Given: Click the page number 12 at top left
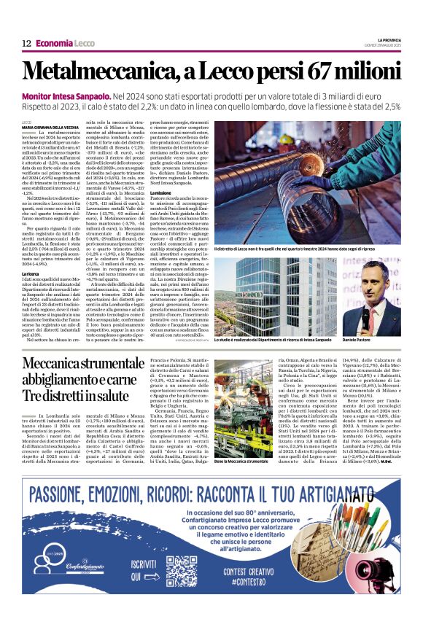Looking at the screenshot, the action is pyautogui.click(x=26, y=44).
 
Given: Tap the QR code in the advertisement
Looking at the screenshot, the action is pyautogui.click(x=182, y=572).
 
